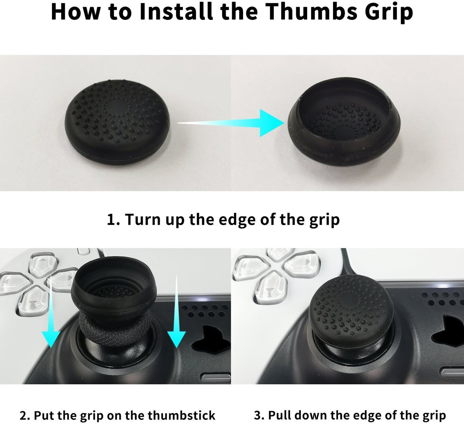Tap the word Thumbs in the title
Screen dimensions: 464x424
pyautogui.click(x=311, y=12)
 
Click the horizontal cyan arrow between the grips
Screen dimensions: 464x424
pyautogui.click(x=231, y=123)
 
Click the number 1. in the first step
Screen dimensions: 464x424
pyautogui.click(x=113, y=219)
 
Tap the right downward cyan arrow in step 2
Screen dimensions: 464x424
pyautogui.click(x=177, y=311)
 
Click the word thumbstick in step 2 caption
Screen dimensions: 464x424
pyautogui.click(x=181, y=415)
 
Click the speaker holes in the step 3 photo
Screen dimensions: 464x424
pyautogui.click(x=442, y=298)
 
